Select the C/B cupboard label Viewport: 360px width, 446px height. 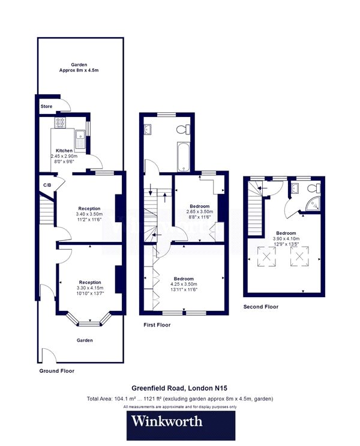[46, 184]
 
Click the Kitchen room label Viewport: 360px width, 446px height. [64, 151]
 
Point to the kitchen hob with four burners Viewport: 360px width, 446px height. [61, 123]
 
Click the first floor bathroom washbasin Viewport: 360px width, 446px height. [150, 128]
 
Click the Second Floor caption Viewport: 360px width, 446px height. [260, 307]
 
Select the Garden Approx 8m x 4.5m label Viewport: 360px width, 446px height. [79, 68]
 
